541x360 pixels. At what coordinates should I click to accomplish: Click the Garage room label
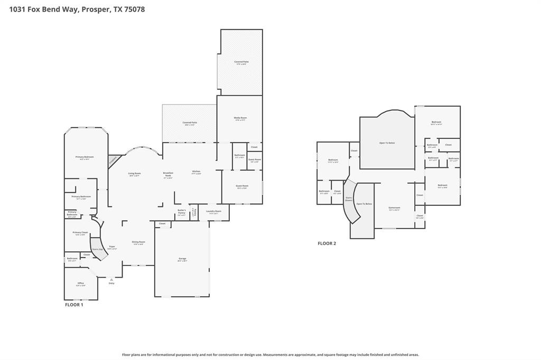click(x=182, y=259)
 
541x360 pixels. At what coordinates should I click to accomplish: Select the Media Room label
click(x=240, y=118)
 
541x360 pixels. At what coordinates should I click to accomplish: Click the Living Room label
click(x=134, y=174)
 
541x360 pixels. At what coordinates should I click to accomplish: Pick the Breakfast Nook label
click(x=168, y=175)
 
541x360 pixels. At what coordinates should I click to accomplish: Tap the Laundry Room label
click(x=213, y=212)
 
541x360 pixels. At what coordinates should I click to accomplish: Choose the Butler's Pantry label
click(x=181, y=212)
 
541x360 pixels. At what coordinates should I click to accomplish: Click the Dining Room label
click(x=138, y=243)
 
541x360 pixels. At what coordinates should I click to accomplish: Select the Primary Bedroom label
click(x=85, y=157)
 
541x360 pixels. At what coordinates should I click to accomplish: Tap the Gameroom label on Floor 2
click(x=394, y=209)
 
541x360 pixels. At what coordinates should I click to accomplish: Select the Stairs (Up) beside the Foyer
click(x=98, y=248)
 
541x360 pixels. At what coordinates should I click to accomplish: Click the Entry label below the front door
click(x=111, y=283)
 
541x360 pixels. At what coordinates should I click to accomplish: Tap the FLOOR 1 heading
click(x=74, y=305)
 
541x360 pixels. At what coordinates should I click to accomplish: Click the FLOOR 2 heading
click(x=327, y=243)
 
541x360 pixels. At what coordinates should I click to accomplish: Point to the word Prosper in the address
click(x=96, y=9)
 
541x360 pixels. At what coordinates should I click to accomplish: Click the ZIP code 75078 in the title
click(x=134, y=9)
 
